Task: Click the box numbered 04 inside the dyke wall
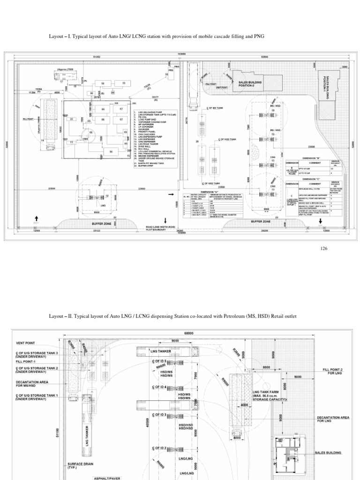point(111,152)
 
